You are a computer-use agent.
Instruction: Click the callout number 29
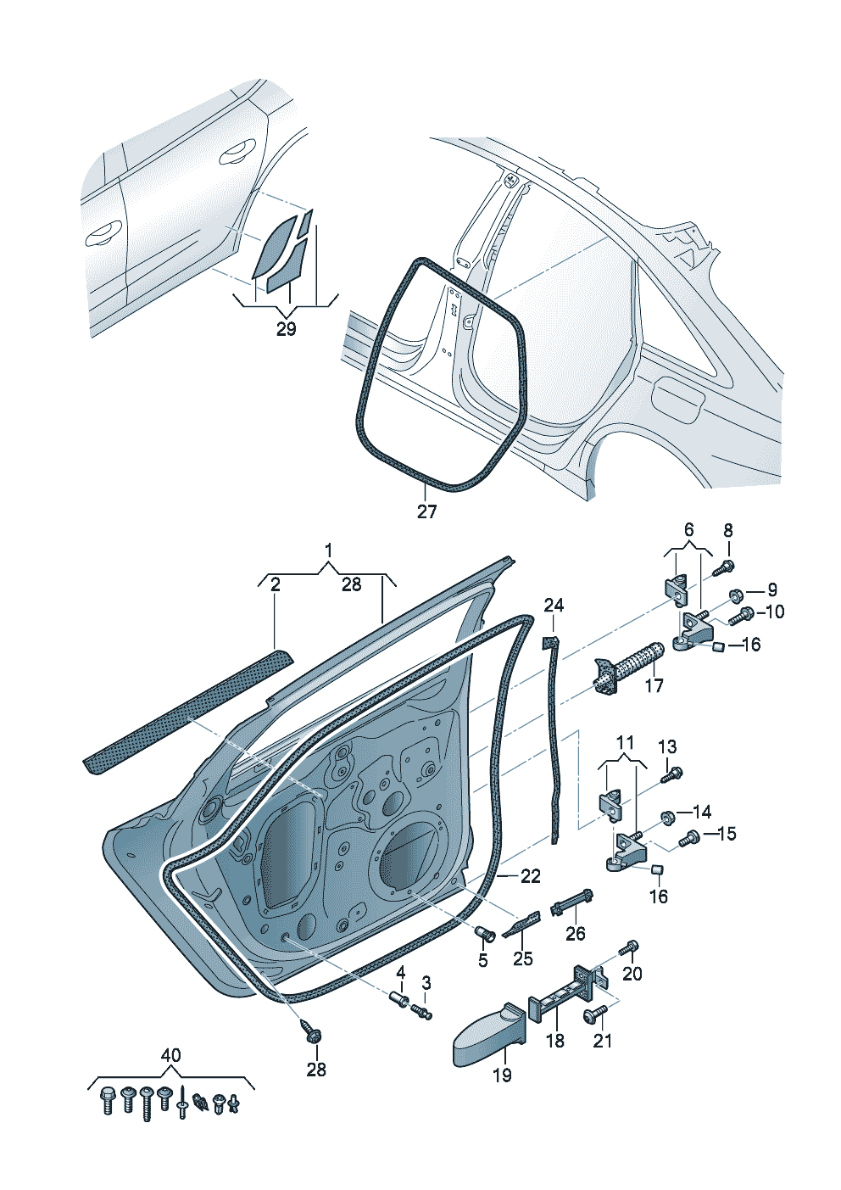pyautogui.click(x=287, y=328)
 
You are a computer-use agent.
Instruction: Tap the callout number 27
pyautogui.click(x=426, y=511)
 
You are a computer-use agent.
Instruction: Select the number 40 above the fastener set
pyautogui.click(x=170, y=1056)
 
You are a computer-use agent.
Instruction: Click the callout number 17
pyautogui.click(x=654, y=684)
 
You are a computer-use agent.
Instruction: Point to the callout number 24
pyautogui.click(x=554, y=605)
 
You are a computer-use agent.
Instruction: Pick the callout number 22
pyautogui.click(x=530, y=876)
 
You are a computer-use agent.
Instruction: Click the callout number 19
pyautogui.click(x=502, y=1075)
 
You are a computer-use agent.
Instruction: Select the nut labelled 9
pyautogui.click(x=736, y=594)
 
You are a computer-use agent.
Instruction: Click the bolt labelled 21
pyautogui.click(x=595, y=1013)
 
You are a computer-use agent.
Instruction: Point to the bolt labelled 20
pyautogui.click(x=628, y=947)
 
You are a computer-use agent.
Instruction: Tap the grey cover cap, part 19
pyautogui.click(x=487, y=1035)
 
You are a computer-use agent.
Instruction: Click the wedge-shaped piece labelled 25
pyautogui.click(x=521, y=924)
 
